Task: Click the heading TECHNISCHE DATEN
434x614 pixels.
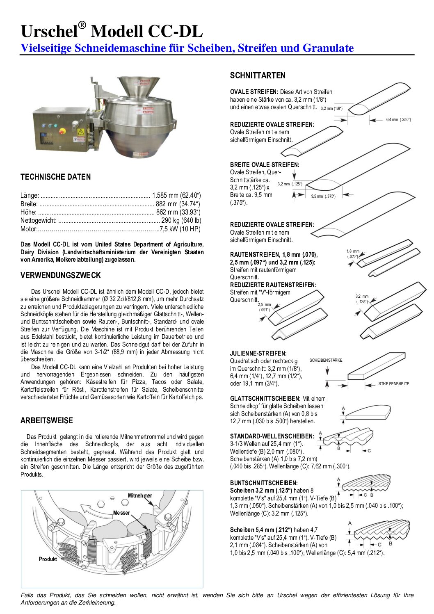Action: click(55, 177)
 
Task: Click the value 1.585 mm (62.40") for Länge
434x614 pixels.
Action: click(176, 196)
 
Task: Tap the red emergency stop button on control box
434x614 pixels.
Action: click(63, 131)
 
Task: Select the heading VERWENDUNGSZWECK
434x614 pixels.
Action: click(60, 275)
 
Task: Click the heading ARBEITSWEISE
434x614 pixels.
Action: click(47, 420)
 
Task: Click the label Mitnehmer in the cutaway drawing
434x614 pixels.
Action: click(140, 495)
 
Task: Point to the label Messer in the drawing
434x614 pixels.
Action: click(121, 513)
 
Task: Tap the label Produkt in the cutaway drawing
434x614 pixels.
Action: click(48, 559)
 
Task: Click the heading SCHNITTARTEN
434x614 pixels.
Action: click(258, 75)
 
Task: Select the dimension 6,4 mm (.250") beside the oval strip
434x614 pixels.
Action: click(398, 119)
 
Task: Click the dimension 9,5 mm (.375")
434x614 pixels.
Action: click(323, 196)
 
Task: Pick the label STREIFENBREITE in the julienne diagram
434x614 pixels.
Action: click(394, 383)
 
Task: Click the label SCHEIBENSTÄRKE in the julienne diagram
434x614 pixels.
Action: click(326, 360)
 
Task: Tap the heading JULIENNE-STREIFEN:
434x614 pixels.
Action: click(258, 353)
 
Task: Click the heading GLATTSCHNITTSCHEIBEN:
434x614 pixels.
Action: click(265, 398)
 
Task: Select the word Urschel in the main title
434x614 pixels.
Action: click(49, 32)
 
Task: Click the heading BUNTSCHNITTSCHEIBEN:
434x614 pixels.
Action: click(264, 483)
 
